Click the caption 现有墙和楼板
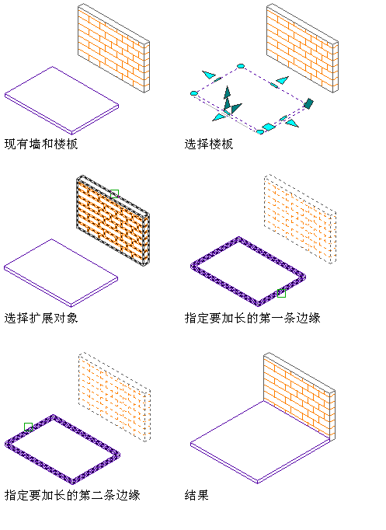[41, 144]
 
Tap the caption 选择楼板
[209, 144]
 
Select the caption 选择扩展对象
[41, 318]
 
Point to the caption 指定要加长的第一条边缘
[252, 318]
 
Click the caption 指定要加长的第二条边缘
[72, 495]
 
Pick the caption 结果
[196, 495]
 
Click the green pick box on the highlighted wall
[114, 194]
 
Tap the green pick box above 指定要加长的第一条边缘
[281, 293]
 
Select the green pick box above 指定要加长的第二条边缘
[29, 427]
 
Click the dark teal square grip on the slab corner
[308, 103]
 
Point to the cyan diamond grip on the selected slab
[269, 127]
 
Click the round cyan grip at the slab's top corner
[241, 66]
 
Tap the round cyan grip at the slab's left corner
[194, 93]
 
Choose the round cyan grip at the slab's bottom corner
[259, 132]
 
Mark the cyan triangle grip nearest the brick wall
[283, 80]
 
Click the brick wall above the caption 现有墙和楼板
[114, 48]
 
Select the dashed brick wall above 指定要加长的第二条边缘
[114, 397]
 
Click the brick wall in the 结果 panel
[299, 396]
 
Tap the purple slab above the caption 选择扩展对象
[61, 273]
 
